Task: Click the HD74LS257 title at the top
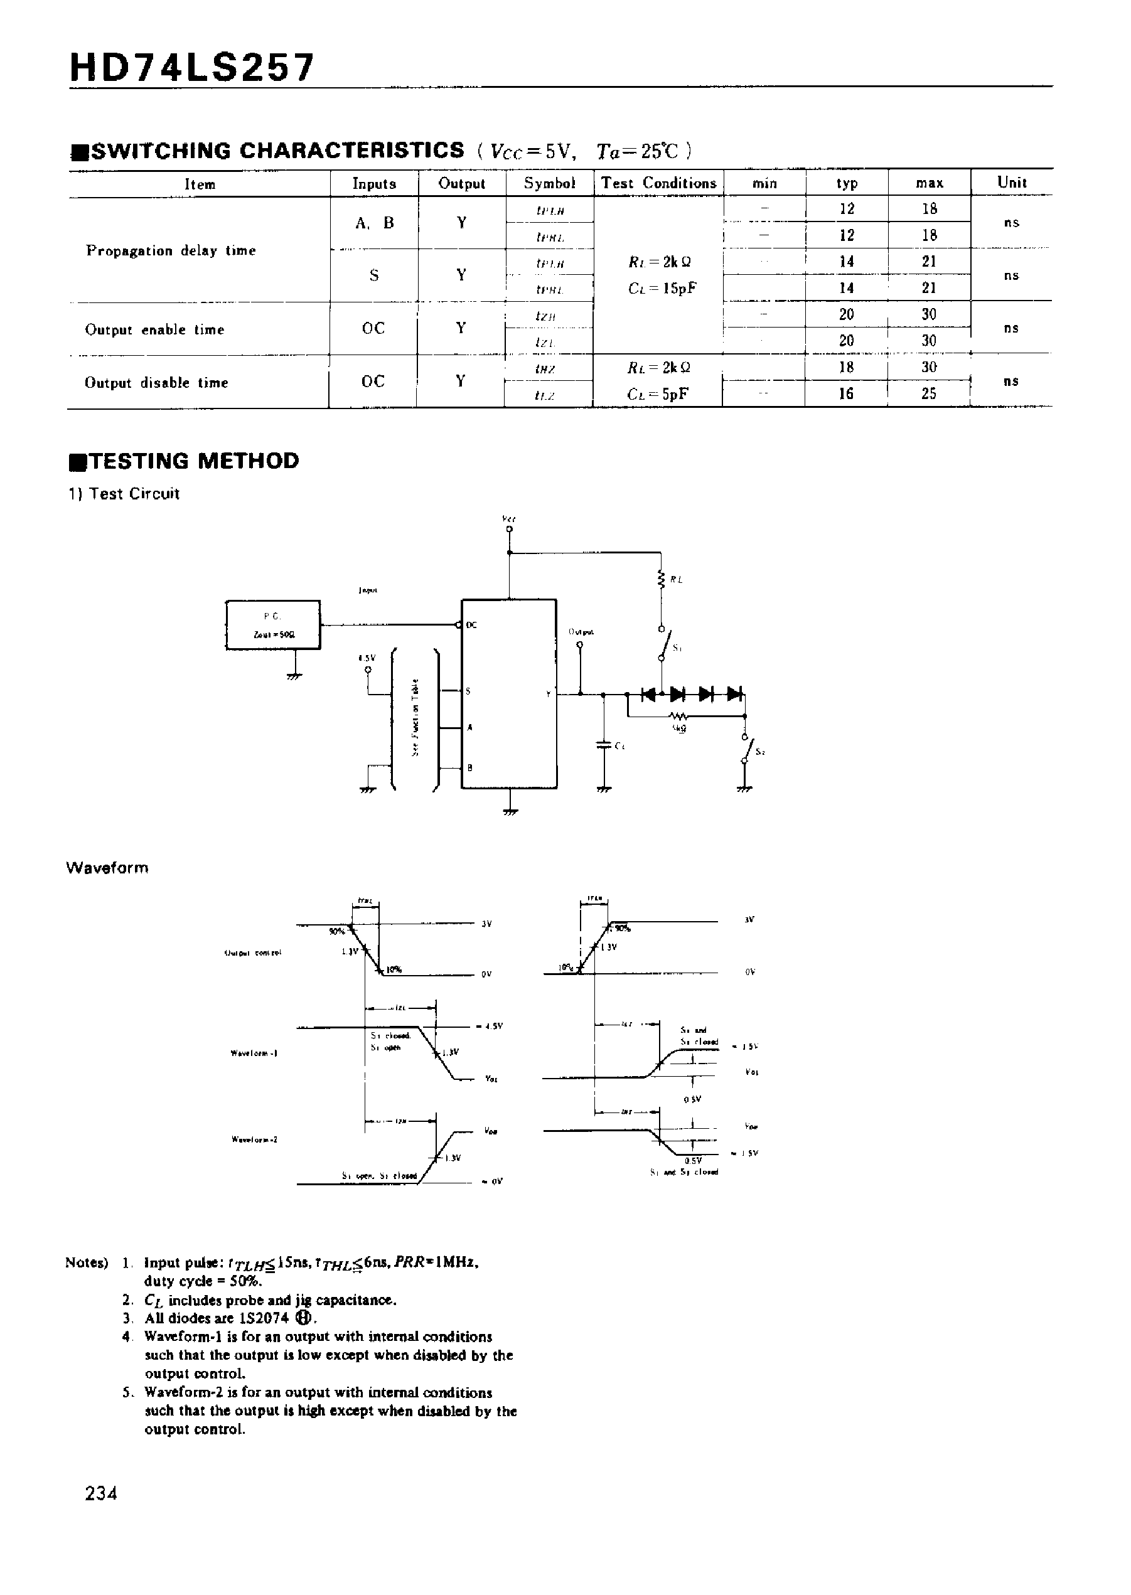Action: pyautogui.click(x=192, y=68)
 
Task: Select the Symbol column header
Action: pyautogui.click(x=549, y=183)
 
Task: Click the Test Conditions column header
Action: pyautogui.click(x=658, y=183)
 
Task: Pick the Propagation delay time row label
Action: pyautogui.click(x=171, y=250)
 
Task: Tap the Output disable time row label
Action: pyautogui.click(x=156, y=383)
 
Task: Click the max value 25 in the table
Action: pyautogui.click(x=929, y=394)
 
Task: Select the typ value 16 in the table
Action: pyautogui.click(x=846, y=394)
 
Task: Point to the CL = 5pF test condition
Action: pyautogui.click(x=658, y=394)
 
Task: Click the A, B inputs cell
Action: pyautogui.click(x=375, y=223)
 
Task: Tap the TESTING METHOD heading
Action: pyautogui.click(x=185, y=461)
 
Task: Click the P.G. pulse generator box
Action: pyautogui.click(x=273, y=625)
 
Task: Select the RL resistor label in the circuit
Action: pyautogui.click(x=675, y=579)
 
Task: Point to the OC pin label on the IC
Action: pyautogui.click(x=471, y=625)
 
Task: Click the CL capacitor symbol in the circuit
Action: pyautogui.click(x=604, y=744)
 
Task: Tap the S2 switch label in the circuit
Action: pyautogui.click(x=761, y=752)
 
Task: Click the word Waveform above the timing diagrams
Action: pyautogui.click(x=107, y=868)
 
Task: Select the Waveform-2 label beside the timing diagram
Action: pyautogui.click(x=254, y=1139)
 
